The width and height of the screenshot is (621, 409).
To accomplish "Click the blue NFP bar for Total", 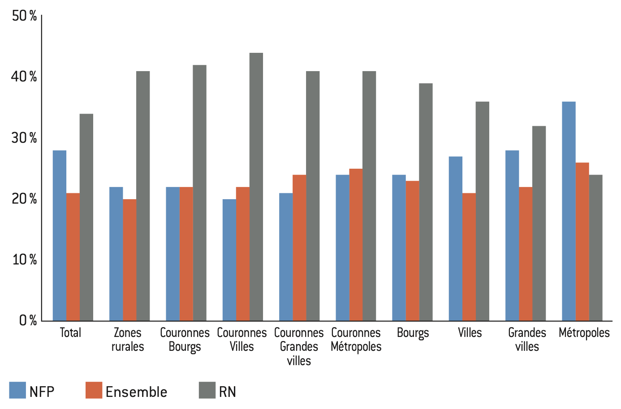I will pyautogui.click(x=60, y=235).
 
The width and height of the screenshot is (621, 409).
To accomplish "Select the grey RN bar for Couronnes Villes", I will pyautogui.click(x=256, y=187).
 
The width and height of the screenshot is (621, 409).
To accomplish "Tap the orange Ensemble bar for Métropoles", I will pyautogui.click(x=582, y=242).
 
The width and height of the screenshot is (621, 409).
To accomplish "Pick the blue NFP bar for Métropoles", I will pyautogui.click(x=569, y=211).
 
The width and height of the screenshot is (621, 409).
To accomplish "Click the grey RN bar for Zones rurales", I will pyautogui.click(x=143, y=196).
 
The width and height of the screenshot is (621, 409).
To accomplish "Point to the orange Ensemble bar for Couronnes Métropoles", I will pyautogui.click(x=356, y=245).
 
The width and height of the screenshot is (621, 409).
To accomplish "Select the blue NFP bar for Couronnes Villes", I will pyautogui.click(x=229, y=260).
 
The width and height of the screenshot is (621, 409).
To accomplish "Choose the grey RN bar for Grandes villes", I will pyautogui.click(x=539, y=223).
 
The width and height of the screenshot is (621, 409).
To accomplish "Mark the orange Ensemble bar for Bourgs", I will pyautogui.click(x=413, y=251).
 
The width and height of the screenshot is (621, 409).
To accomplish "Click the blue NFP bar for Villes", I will pyautogui.click(x=455, y=239).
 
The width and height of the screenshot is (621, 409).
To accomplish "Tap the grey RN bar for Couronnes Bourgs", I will pyautogui.click(x=199, y=193).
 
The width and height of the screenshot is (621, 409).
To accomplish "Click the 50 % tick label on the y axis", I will pyautogui.click(x=25, y=16).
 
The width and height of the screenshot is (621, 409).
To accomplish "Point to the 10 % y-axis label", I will pyautogui.click(x=25, y=260).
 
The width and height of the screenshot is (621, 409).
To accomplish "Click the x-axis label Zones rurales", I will pyautogui.click(x=128, y=340).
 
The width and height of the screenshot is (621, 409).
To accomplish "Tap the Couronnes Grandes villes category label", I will pyautogui.click(x=299, y=346).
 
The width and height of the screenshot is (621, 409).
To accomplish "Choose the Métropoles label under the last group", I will pyautogui.click(x=584, y=333).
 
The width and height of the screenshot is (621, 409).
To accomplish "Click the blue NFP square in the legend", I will pyautogui.click(x=17, y=390).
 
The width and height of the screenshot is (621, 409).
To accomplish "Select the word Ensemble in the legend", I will pyautogui.click(x=136, y=392).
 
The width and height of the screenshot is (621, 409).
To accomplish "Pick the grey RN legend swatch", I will pyautogui.click(x=207, y=390).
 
